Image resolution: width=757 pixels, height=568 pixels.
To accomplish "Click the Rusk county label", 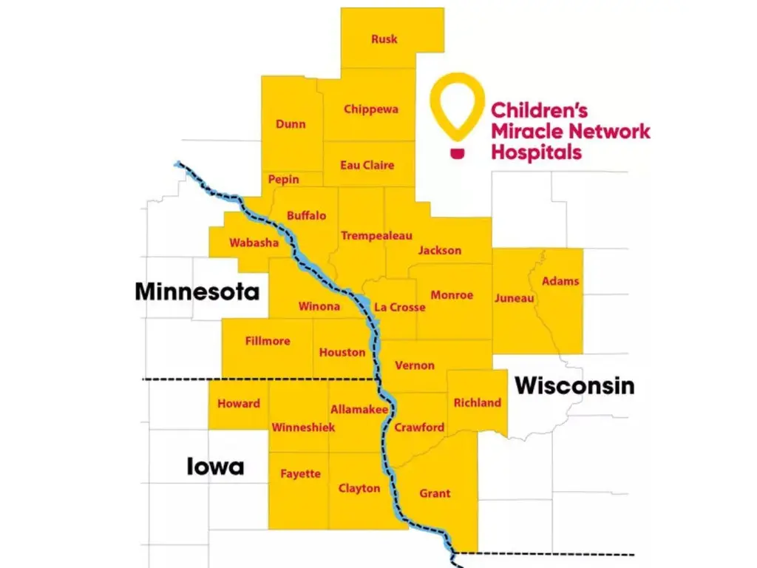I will [x=384, y=39].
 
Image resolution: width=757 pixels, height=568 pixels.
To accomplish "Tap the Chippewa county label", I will [x=371, y=109].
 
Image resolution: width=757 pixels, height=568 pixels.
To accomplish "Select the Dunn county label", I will [x=291, y=124].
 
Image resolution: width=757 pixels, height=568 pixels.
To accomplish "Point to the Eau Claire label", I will [x=367, y=166].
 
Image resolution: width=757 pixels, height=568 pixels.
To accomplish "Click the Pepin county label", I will [x=284, y=180].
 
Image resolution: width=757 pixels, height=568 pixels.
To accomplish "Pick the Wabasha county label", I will [x=254, y=243].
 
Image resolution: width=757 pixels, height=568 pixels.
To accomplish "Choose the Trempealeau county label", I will [x=376, y=236].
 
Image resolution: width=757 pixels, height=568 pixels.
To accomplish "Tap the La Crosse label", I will [x=400, y=307].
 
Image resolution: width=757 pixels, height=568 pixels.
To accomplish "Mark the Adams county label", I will [x=560, y=281].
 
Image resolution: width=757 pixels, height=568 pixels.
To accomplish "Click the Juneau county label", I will [x=514, y=298].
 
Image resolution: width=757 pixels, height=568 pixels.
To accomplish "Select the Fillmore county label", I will [x=268, y=342].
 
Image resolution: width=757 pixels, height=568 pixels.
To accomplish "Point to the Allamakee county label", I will [x=359, y=409].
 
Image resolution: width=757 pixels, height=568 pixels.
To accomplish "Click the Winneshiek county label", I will [x=303, y=427].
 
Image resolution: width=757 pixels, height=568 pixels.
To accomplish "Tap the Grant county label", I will [x=435, y=493].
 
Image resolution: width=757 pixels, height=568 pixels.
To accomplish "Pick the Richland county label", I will [x=477, y=403].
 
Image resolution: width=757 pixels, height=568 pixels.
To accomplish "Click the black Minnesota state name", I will [x=197, y=291].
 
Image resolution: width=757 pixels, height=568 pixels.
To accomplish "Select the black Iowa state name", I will [x=215, y=467].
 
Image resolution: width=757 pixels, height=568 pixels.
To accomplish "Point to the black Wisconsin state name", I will [x=574, y=385].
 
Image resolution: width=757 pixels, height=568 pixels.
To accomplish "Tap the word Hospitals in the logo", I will [x=537, y=153].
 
